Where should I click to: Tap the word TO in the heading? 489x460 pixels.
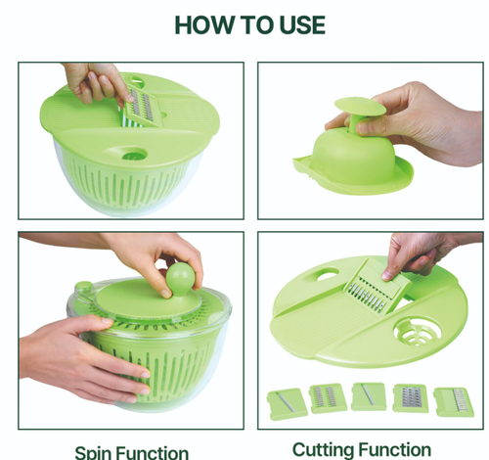tap(241, 24)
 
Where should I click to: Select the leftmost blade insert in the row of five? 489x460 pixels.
tap(286, 398)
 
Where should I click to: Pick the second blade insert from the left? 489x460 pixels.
tap(328, 396)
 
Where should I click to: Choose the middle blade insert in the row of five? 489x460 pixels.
tap(369, 395)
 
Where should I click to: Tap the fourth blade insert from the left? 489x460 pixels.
tap(411, 397)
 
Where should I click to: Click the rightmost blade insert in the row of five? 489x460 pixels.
tap(453, 400)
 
